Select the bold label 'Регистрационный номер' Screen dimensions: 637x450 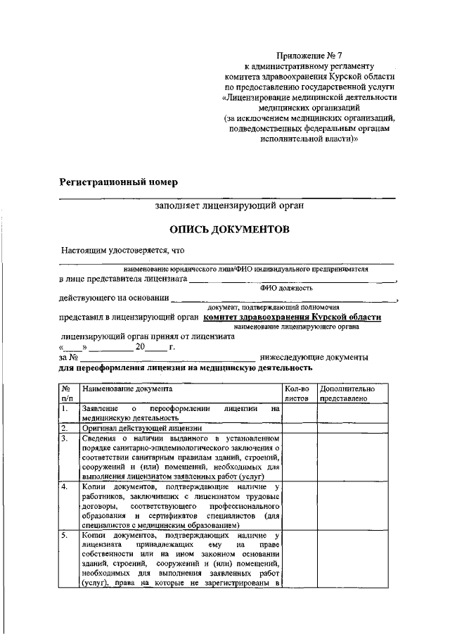(x=118, y=182)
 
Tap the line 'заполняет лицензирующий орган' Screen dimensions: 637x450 (x=230, y=206)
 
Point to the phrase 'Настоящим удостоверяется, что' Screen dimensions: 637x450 (x=122, y=250)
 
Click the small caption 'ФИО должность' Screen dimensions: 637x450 (x=286, y=287)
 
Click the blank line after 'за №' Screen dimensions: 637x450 (x=165, y=358)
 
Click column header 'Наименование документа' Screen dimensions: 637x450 (x=127, y=389)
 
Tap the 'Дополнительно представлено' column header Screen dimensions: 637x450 (x=347, y=393)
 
